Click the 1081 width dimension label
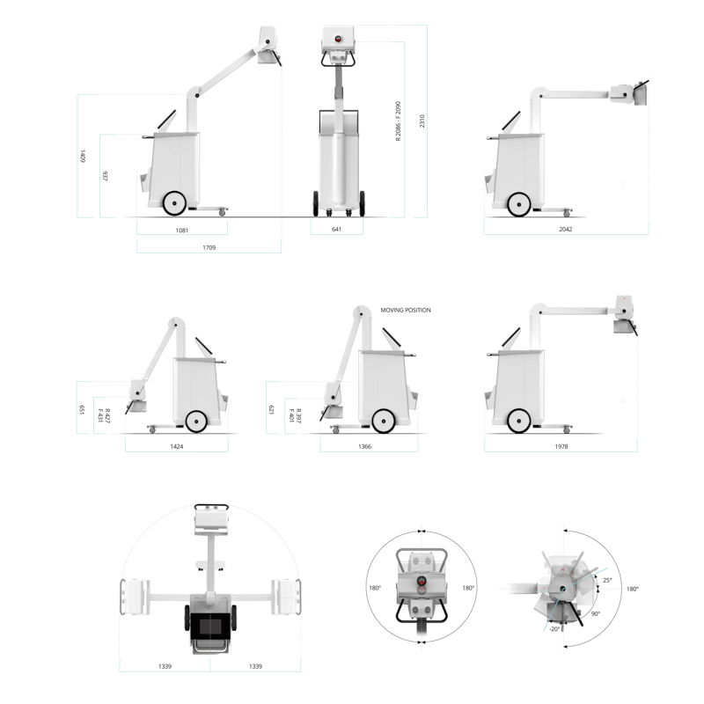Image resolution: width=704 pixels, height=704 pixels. [182, 231]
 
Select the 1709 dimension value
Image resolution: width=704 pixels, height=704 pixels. [209, 247]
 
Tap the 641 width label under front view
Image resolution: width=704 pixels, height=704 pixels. [337, 229]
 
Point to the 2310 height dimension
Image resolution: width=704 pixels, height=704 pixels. [422, 121]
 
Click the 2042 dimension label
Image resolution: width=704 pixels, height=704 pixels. [566, 229]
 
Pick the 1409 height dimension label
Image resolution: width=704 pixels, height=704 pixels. [82, 157]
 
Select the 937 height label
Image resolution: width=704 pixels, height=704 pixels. [105, 175]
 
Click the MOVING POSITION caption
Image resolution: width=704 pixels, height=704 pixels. [406, 311]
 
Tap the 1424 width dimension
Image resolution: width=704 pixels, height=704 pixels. [177, 446]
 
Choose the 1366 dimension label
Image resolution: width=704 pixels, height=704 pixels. [364, 446]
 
